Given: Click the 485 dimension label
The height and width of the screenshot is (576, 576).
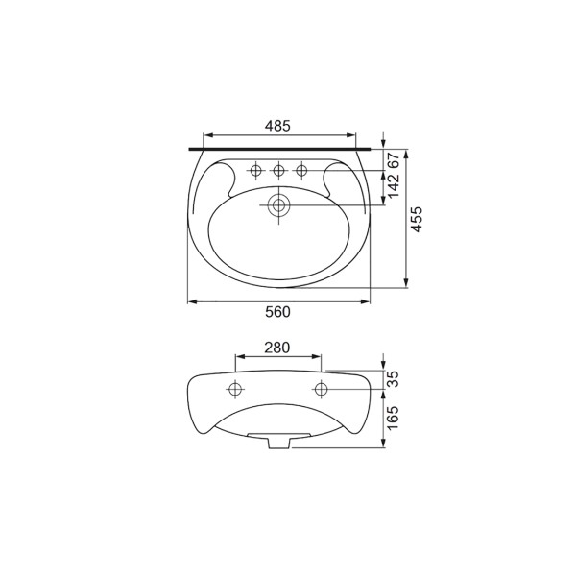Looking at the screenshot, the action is pos(277,126).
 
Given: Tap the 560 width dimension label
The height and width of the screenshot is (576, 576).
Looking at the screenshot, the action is pos(277,312).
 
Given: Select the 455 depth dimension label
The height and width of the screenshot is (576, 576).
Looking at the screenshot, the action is pos(417,219).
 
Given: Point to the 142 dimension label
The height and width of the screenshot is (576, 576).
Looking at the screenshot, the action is pos(393,185).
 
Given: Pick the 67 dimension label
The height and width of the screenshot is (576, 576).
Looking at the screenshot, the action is pos(393,161).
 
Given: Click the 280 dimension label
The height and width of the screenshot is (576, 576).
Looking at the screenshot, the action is pos(277,348).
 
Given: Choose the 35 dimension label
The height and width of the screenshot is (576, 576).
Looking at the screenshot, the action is pos(393,379).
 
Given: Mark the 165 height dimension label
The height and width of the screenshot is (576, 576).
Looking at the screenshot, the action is pos(393,418).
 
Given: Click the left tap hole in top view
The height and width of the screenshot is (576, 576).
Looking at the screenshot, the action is pos(255,171).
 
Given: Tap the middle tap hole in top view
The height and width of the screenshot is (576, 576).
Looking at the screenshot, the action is pos(278,171).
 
